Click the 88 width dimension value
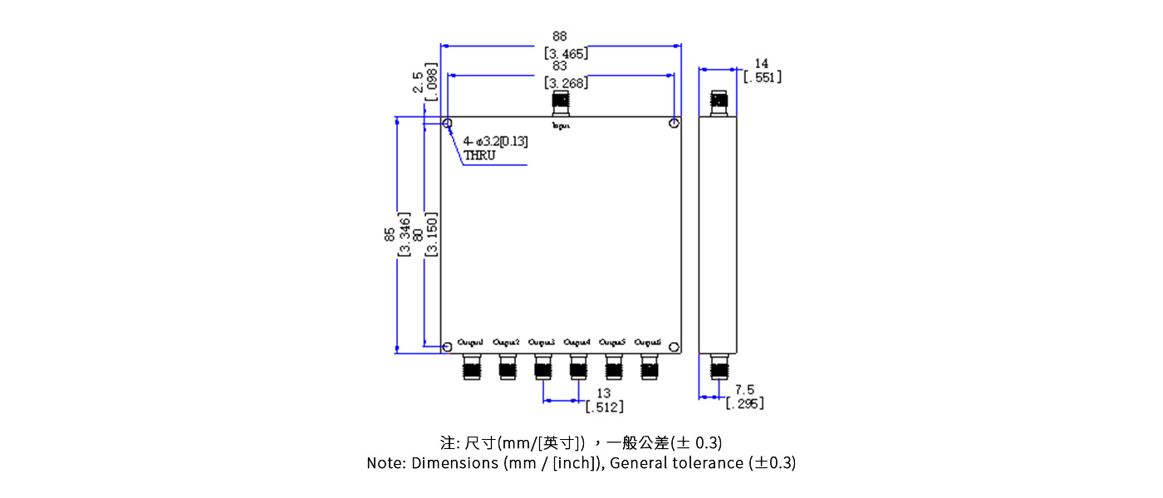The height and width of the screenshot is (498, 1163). pos(560,37)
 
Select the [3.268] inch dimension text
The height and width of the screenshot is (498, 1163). pos(566,83)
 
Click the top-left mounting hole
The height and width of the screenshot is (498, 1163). pos(448,124)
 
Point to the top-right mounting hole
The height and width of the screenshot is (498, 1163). pos(675,124)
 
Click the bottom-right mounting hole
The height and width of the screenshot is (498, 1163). pos(675,347)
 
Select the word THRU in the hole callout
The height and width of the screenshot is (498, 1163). pos(479,155)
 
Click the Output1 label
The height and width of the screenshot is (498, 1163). pos(471,342)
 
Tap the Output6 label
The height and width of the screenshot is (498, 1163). pos(648,342)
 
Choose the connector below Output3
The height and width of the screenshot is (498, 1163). pos(543,367)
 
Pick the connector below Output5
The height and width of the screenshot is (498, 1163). pos(614,367)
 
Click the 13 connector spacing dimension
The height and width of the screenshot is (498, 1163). pos(604,393)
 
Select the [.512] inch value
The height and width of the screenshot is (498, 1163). pos(605,407)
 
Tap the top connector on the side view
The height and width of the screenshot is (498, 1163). pos(719,103)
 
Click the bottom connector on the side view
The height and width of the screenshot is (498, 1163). pos(719,367)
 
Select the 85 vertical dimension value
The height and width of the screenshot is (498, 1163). pos(390,235)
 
